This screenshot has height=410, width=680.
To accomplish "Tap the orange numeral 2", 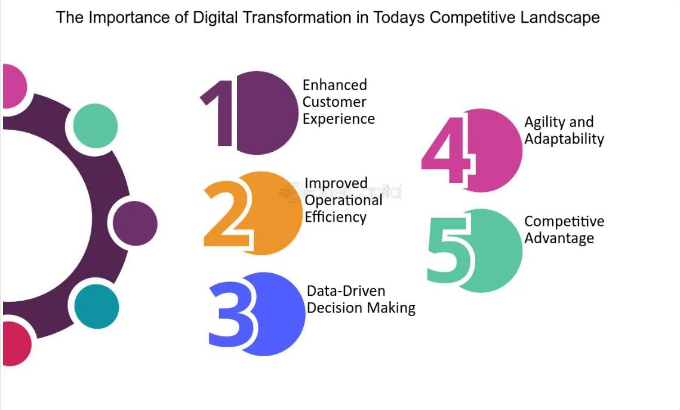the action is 227,215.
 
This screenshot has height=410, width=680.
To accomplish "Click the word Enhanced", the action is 335,85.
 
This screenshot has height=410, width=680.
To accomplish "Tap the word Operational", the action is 343,200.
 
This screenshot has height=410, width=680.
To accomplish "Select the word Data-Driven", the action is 346,290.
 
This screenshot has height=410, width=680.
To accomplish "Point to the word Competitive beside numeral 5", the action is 564,221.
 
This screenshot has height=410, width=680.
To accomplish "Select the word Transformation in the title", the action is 297,18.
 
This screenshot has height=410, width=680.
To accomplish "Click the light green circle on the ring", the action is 96,126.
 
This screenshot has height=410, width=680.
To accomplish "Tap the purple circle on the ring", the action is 135,224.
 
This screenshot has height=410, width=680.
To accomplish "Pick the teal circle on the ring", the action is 97,307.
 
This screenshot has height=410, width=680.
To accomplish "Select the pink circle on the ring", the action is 14,86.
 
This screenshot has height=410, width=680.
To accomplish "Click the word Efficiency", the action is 336,217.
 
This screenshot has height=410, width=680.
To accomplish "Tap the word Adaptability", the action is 564,139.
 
